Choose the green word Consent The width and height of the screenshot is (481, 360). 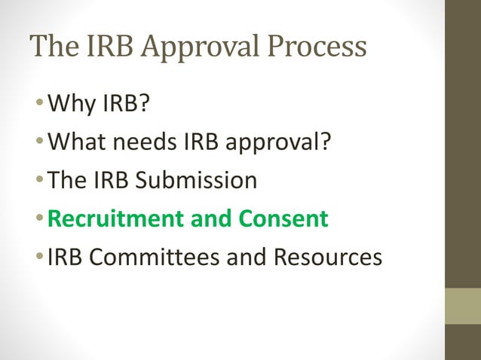(284, 218)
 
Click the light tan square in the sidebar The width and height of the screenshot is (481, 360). (463, 306)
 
